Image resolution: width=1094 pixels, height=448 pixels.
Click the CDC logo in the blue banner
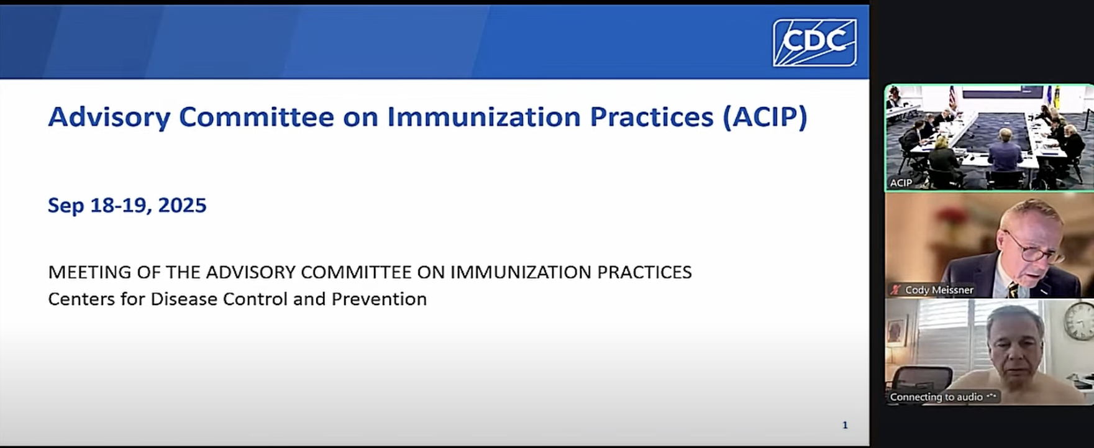tap(814, 42)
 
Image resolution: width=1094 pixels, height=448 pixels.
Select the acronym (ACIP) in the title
tap(765, 117)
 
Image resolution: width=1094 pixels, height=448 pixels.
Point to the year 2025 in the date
tap(182, 206)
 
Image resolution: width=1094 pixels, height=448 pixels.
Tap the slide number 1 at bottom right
tap(845, 425)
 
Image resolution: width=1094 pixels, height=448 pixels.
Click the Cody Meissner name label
tap(939, 290)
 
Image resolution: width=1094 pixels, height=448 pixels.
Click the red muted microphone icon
tap(896, 290)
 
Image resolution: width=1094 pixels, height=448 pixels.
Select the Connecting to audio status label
tap(936, 396)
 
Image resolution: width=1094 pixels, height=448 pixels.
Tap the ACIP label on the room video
tap(901, 183)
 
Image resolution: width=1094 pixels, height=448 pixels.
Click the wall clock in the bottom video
tap(1079, 322)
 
